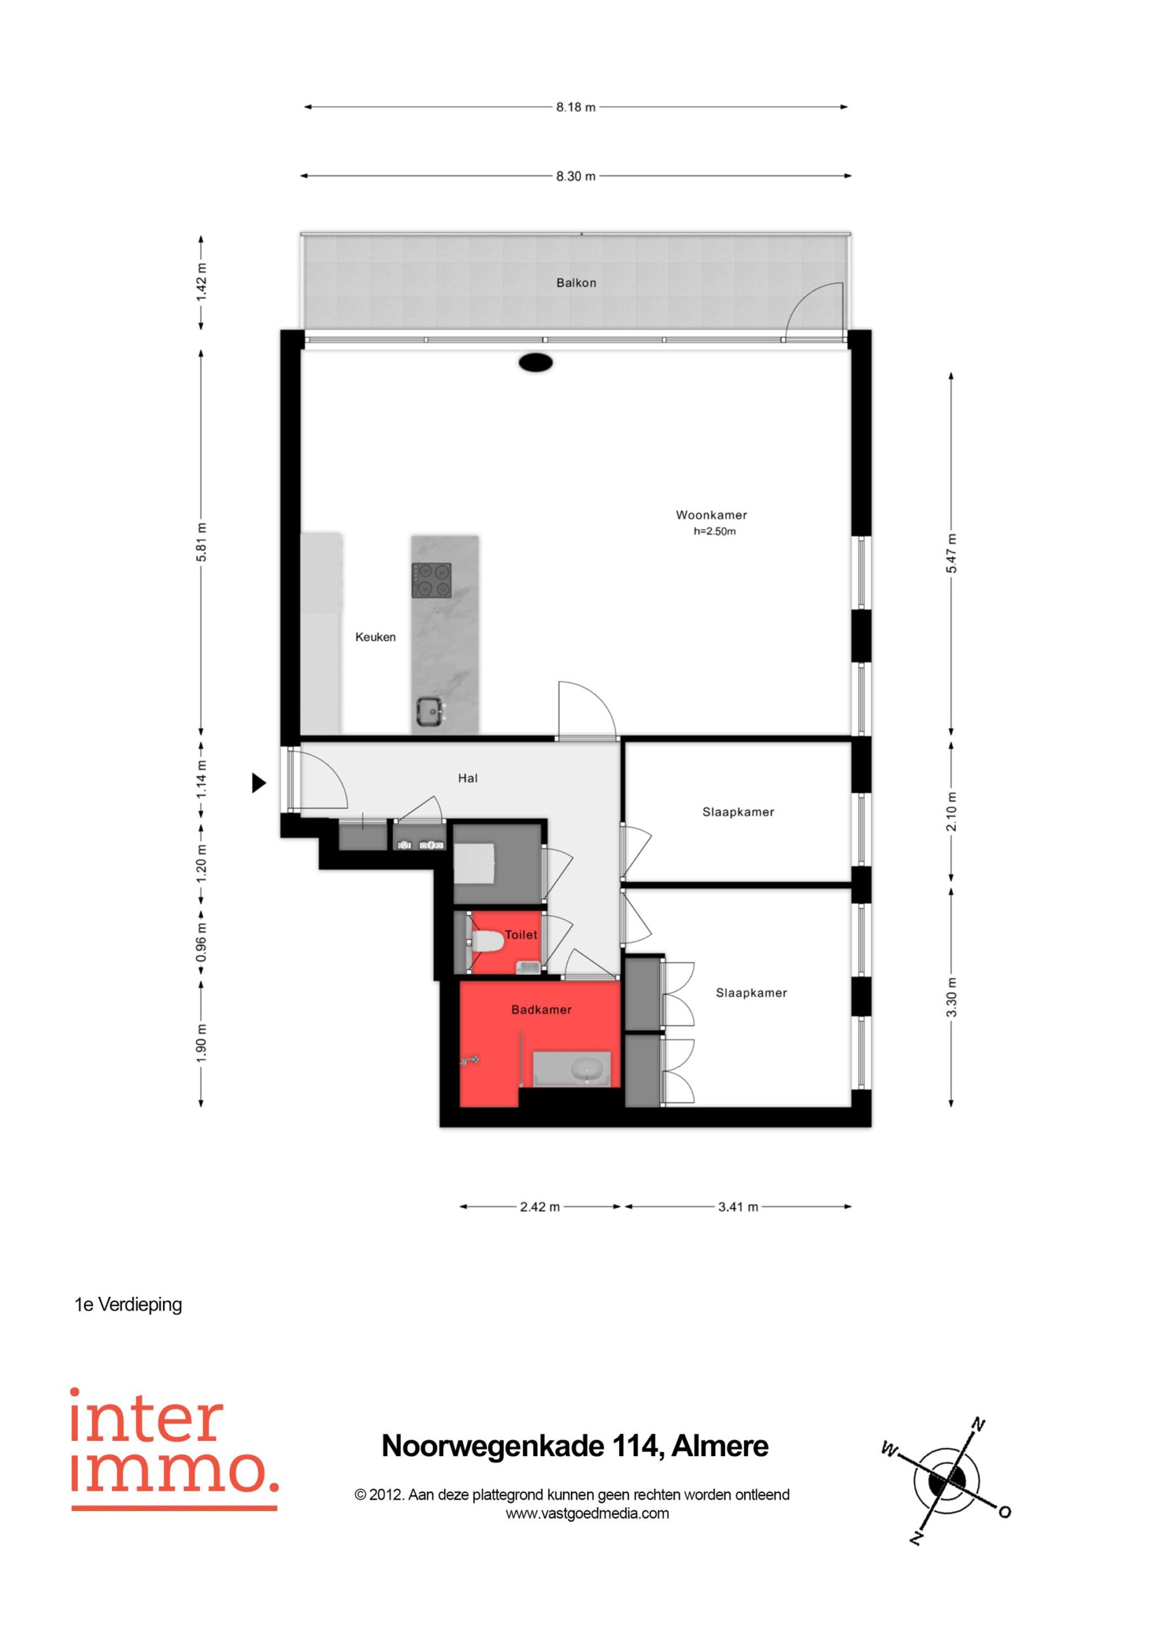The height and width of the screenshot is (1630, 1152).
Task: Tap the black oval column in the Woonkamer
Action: [x=536, y=363]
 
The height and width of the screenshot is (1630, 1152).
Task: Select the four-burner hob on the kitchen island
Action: [x=432, y=581]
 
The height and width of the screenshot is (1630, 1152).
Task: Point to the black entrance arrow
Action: [x=259, y=783]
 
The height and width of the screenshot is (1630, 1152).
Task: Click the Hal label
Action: [x=468, y=778]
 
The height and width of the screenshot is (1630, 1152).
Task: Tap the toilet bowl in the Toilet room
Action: [x=487, y=941]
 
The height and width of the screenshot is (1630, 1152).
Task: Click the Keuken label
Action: [x=376, y=637]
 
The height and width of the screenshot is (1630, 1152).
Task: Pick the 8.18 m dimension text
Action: [x=575, y=107]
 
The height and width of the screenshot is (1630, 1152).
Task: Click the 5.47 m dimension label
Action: [x=952, y=553]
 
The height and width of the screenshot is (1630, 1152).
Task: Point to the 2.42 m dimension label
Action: [x=540, y=1207]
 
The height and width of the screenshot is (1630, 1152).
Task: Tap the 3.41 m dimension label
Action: [x=738, y=1207]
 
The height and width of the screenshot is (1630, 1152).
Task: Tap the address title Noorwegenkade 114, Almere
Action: [x=575, y=1446]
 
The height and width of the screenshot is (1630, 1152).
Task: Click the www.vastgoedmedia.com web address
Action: [x=587, y=1513]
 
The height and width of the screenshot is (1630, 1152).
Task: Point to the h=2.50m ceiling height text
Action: [x=715, y=531]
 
